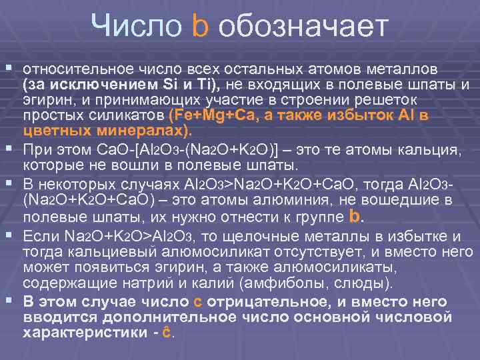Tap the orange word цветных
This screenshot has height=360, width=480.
click(55, 129)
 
